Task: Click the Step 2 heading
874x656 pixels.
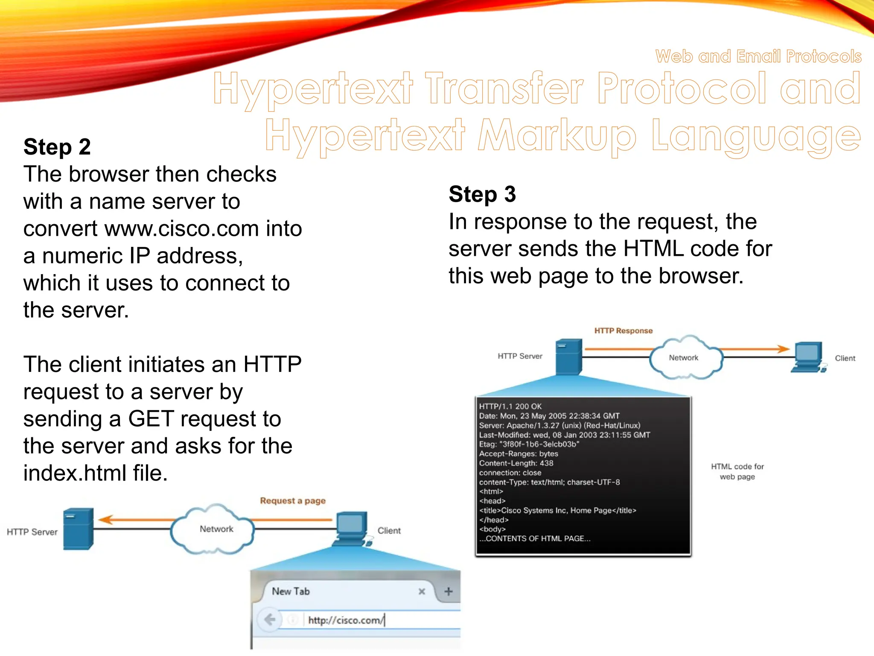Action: pos(57,147)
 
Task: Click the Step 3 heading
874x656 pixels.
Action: pos(482,194)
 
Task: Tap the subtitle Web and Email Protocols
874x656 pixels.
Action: pos(758,56)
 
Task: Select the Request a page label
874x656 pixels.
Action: pos(293,501)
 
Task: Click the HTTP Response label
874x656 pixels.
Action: pos(623,331)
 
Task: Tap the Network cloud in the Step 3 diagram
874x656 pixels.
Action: pos(684,358)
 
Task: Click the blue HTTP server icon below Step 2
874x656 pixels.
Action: pos(78,528)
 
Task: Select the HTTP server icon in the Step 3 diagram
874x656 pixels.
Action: pos(569,357)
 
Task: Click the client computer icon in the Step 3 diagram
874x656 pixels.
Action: pos(807,357)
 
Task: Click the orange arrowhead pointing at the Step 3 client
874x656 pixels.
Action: pos(783,348)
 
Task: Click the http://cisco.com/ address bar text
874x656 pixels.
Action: pos(346,620)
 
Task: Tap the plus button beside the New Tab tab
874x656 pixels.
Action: pos(448,592)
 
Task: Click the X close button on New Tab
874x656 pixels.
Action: pos(422,592)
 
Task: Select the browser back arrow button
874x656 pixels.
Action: pos(270,619)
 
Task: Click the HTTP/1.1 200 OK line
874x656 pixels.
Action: pos(510,407)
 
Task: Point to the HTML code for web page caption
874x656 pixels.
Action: pos(737,471)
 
